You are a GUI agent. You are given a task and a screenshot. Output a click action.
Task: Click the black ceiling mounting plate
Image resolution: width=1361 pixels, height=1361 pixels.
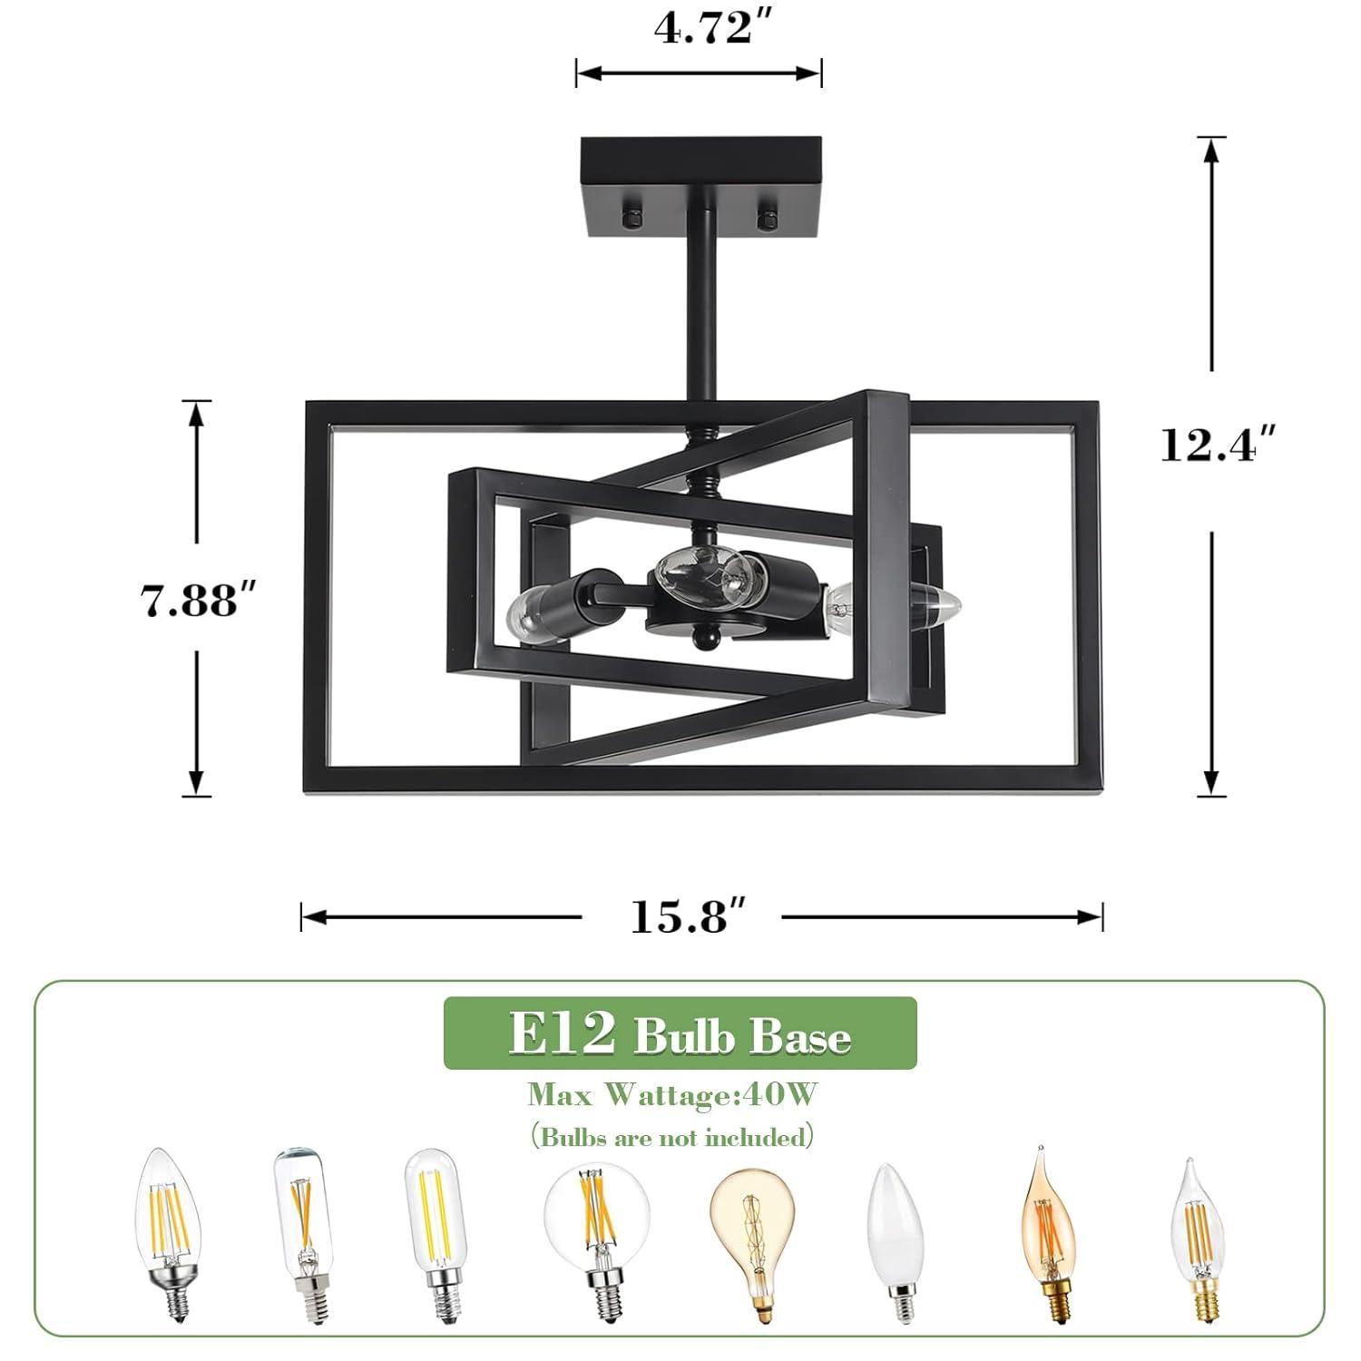(700, 186)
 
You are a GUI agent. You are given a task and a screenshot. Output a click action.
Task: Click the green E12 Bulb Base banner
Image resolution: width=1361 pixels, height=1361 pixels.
(680, 1033)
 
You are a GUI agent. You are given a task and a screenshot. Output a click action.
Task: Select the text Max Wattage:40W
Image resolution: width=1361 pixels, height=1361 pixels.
(672, 1095)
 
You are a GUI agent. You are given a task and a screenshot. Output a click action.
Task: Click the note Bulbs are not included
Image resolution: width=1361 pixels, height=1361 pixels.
(672, 1136)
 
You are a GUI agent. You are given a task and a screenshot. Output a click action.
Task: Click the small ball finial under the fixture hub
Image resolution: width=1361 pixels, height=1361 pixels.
(701, 641)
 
